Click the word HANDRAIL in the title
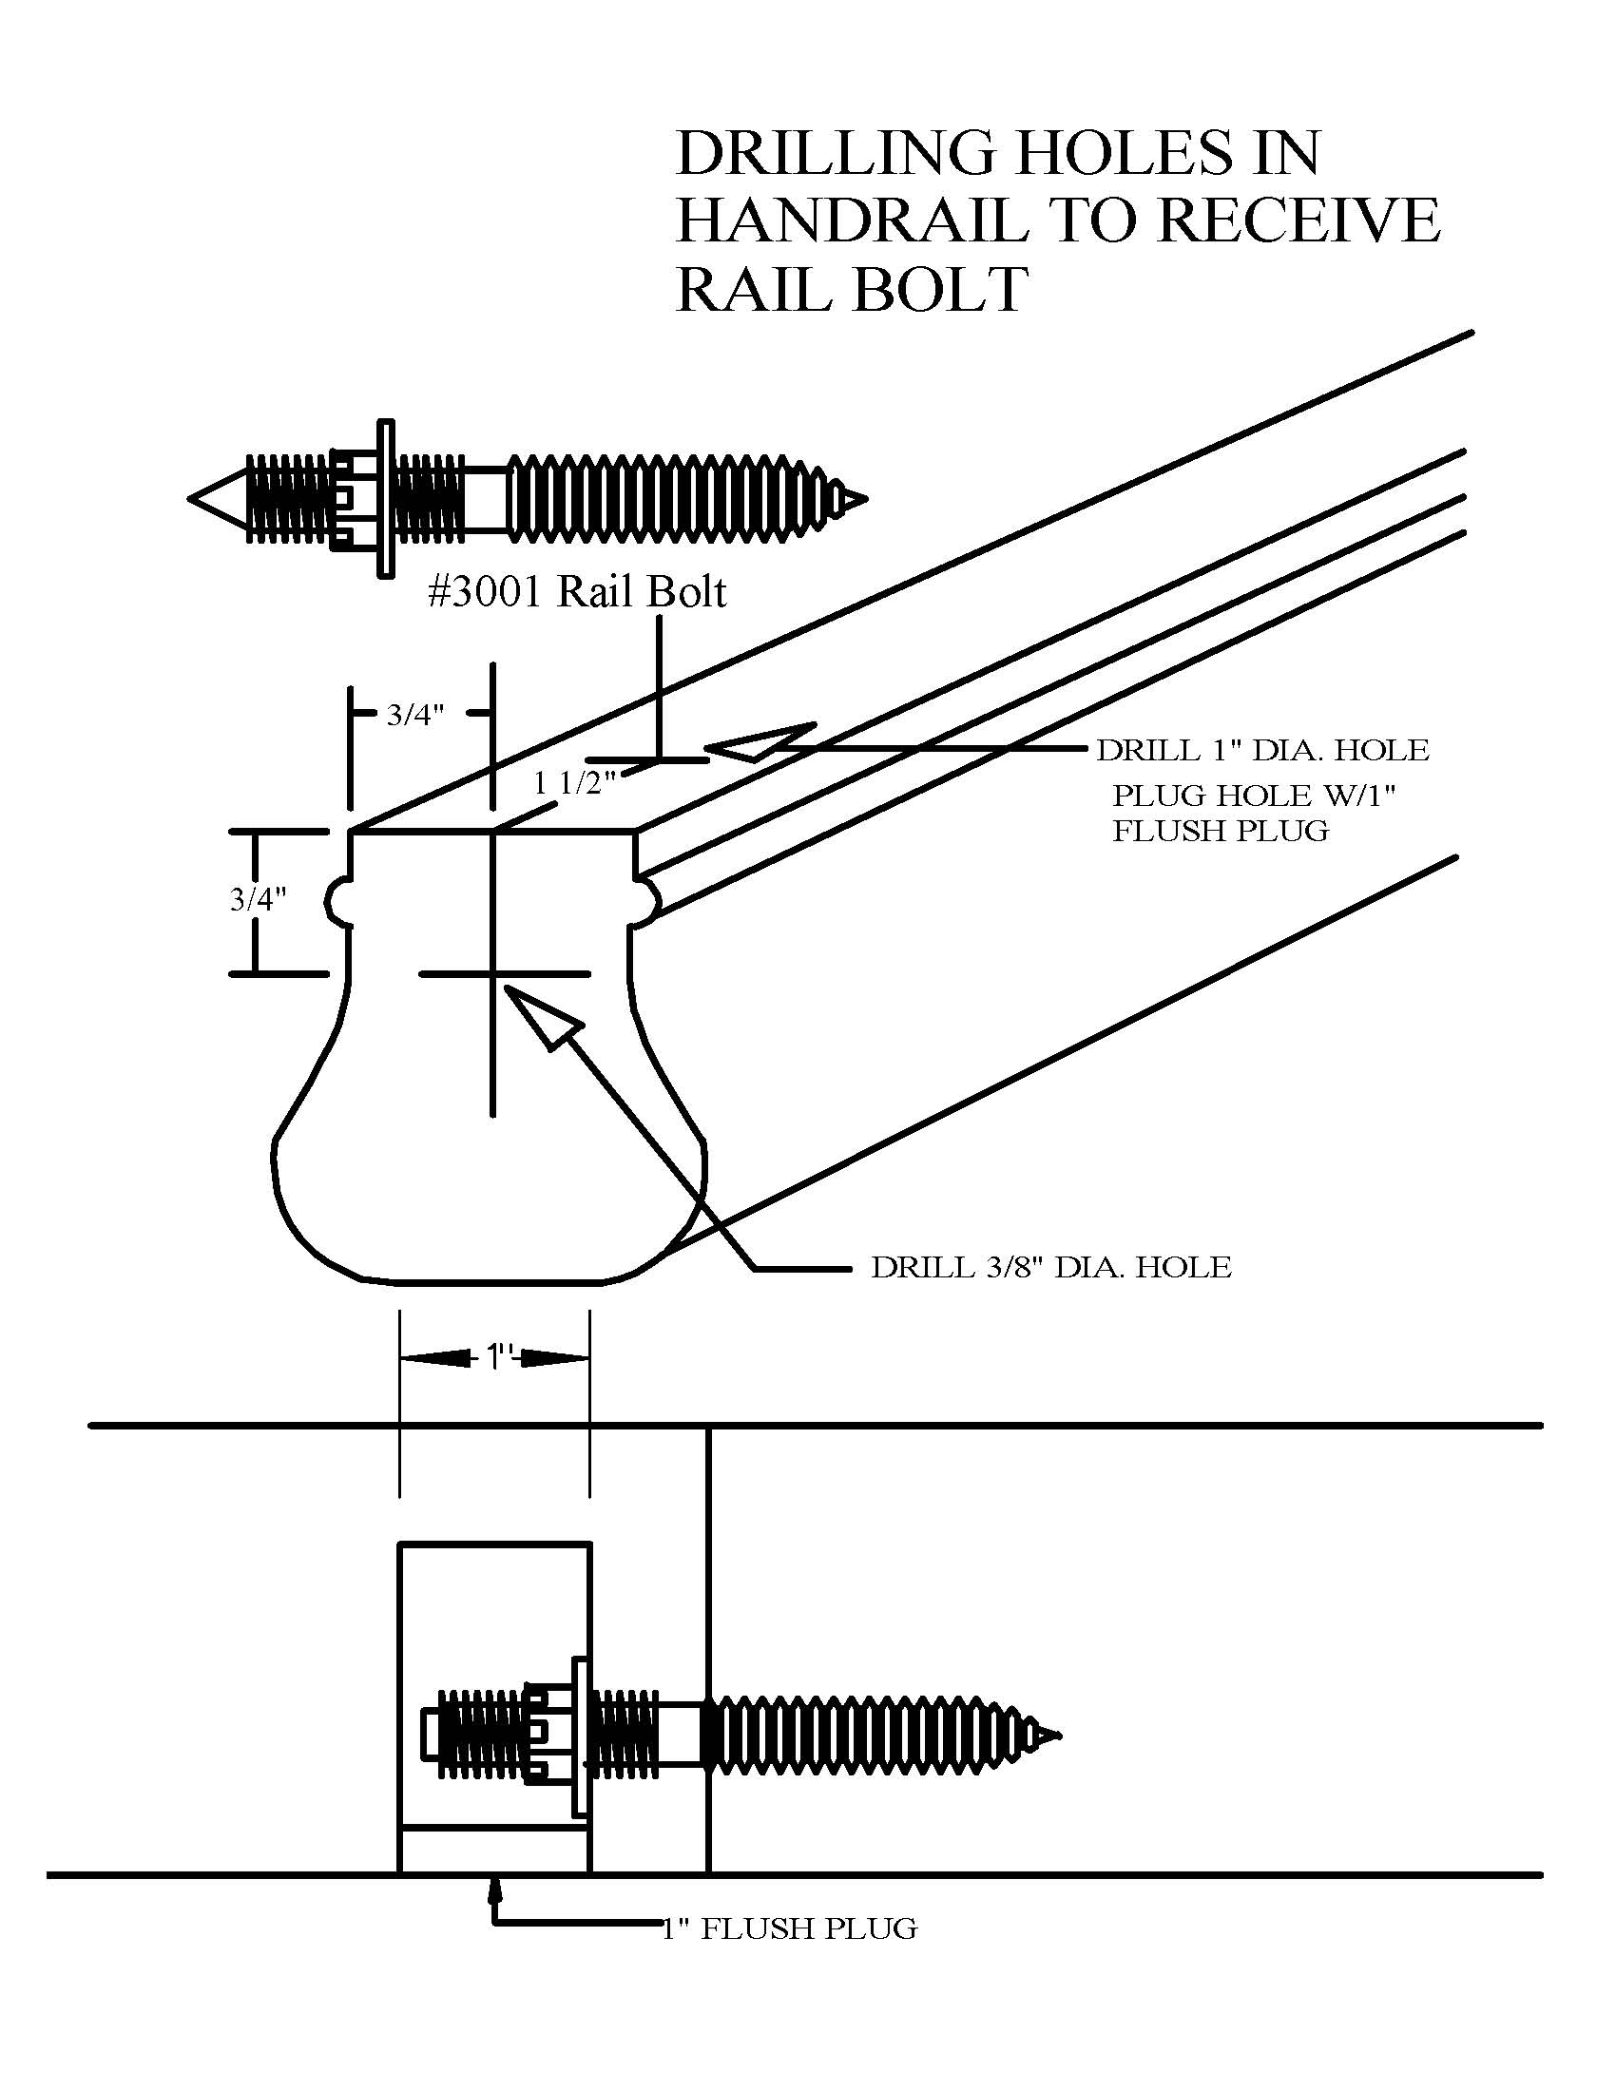[852, 221]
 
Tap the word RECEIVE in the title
[1299, 221]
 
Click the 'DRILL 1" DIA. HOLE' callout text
[1262, 750]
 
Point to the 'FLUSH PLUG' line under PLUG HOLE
[1221, 830]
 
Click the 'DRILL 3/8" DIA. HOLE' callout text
[1051, 1267]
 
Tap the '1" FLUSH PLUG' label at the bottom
[790, 1928]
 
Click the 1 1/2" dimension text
[574, 783]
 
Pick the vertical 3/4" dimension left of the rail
[259, 899]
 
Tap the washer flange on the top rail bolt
[385, 499]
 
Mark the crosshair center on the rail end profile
[493, 973]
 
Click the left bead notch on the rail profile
[338, 899]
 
